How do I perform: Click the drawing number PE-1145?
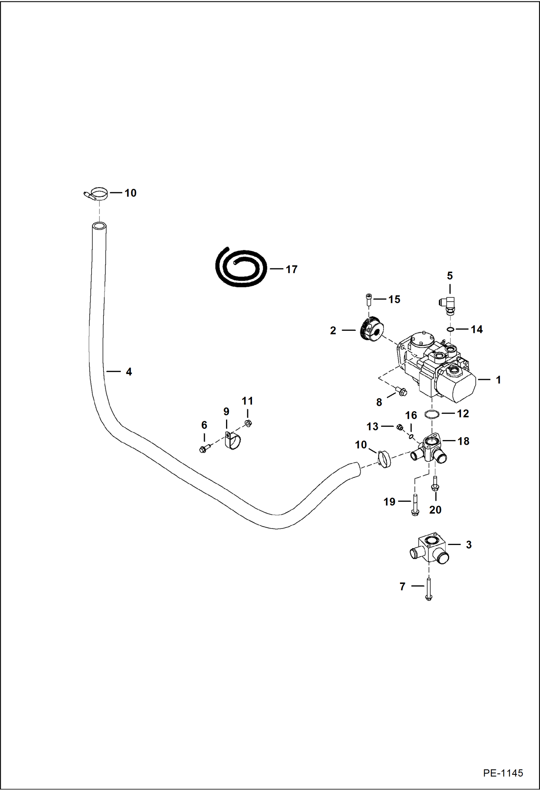pyautogui.click(x=503, y=773)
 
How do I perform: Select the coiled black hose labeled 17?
pyautogui.click(x=241, y=267)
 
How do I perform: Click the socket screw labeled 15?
pyautogui.click(x=368, y=299)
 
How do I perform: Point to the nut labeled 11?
pyautogui.click(x=248, y=423)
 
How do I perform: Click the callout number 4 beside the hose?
pyautogui.click(x=129, y=372)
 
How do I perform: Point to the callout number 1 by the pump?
pyautogui.click(x=498, y=379)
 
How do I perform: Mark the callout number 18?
pyautogui.click(x=463, y=441)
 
